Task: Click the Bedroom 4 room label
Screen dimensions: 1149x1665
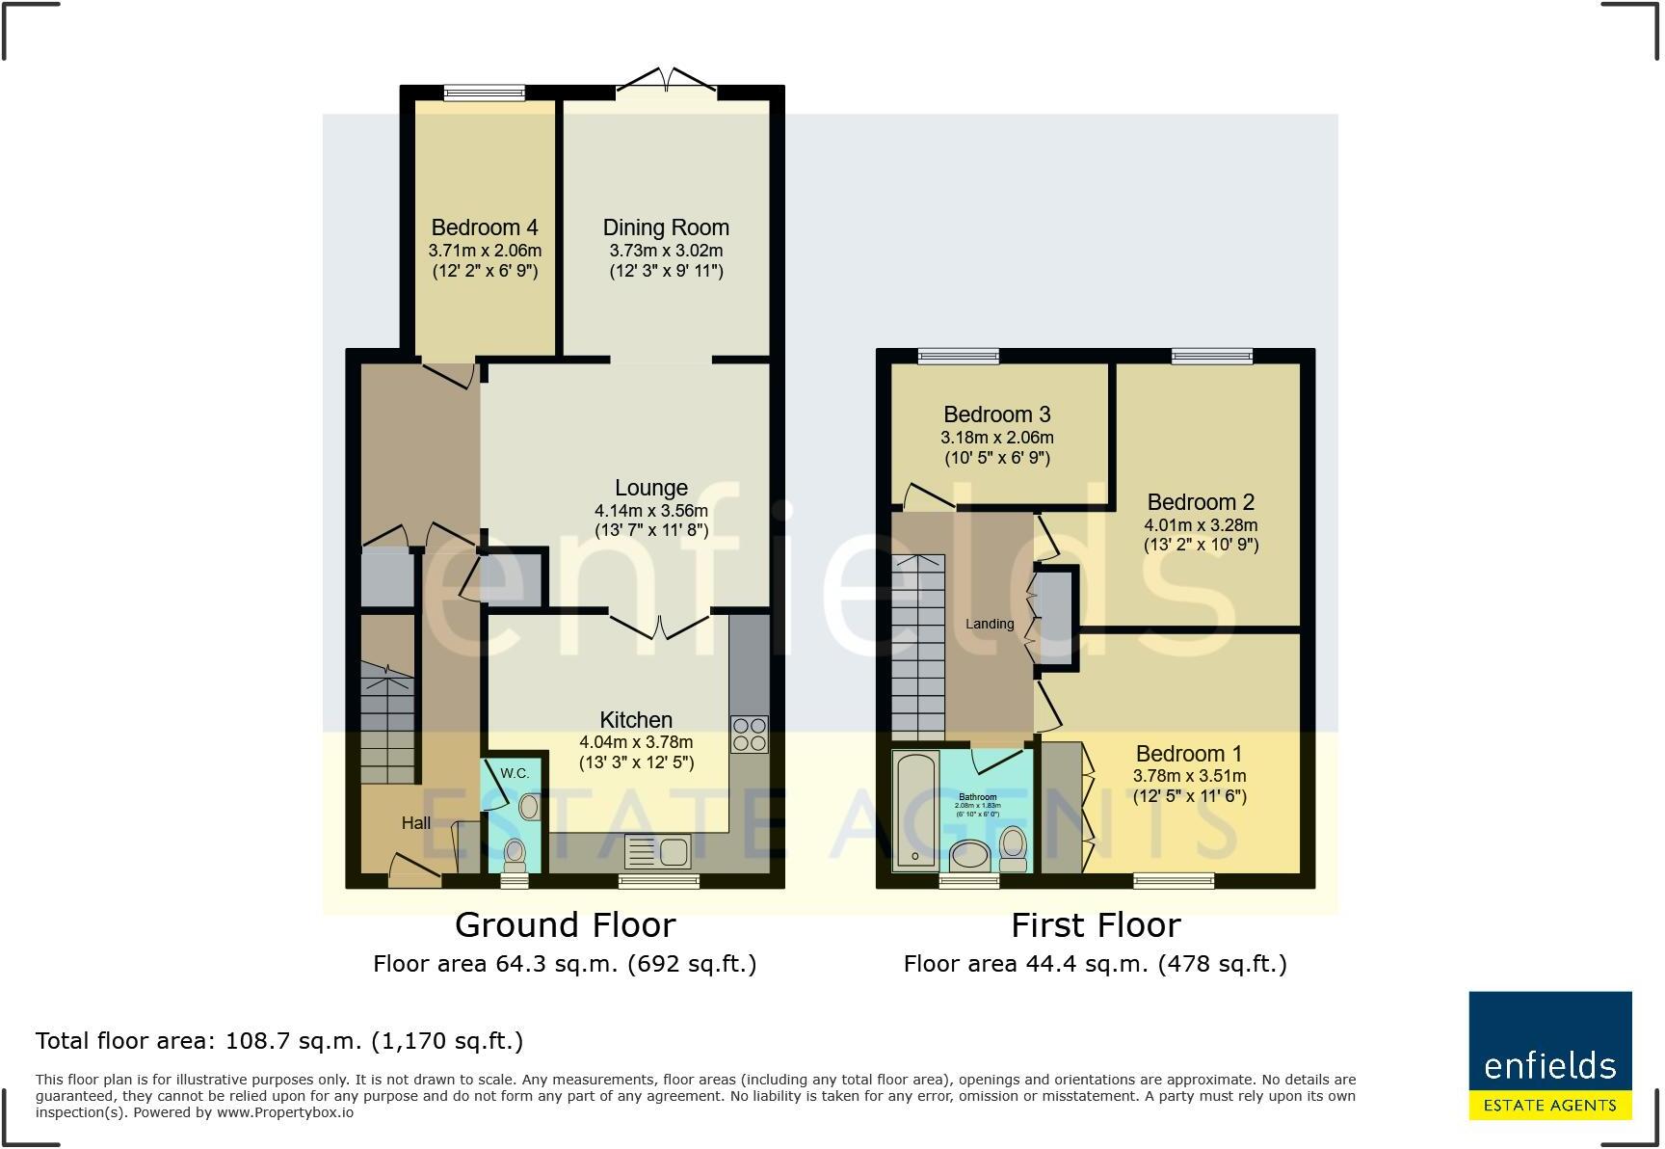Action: coord(485,227)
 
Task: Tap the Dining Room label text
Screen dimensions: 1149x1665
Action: coord(666,227)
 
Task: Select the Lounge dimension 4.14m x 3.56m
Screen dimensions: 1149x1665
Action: coord(651,511)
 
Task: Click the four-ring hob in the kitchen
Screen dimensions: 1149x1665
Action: coord(750,735)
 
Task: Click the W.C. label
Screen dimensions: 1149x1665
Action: coord(515,773)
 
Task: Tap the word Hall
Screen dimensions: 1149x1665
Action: coord(416,823)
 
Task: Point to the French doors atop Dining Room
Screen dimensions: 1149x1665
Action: coord(667,81)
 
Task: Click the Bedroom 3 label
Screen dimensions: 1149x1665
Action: coord(996,414)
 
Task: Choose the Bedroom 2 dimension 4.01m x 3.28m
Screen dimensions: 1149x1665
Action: coord(1201,525)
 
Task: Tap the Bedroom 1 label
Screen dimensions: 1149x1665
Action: coord(1189,754)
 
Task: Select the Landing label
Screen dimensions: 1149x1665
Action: coord(990,624)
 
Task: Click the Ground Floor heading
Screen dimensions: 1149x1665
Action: coord(565,925)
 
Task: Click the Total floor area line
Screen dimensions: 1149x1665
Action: coord(279,1041)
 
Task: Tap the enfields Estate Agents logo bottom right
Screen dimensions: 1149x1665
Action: coord(1549,1055)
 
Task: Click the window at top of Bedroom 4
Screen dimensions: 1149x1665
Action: coord(485,94)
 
